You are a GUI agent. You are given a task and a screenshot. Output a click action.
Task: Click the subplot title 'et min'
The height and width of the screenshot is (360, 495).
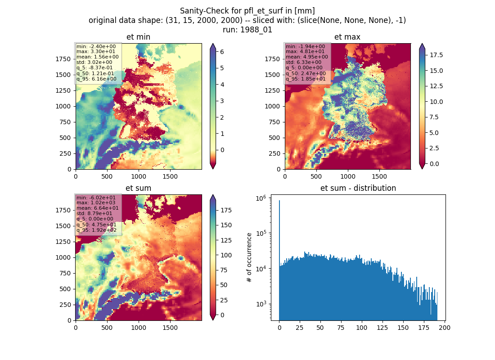138,37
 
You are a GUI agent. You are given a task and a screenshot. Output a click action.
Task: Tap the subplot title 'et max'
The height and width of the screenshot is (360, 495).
347,37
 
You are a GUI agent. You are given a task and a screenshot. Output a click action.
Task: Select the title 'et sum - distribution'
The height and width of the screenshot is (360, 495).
358,188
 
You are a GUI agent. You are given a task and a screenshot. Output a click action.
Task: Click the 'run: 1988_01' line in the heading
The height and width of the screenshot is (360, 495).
247,30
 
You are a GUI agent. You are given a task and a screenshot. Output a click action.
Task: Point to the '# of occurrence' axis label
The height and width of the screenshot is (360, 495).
249,257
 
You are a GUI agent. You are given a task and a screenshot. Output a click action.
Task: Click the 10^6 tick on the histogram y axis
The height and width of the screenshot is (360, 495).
261,198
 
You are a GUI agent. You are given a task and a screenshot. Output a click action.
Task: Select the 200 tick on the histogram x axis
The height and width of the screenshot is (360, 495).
445,328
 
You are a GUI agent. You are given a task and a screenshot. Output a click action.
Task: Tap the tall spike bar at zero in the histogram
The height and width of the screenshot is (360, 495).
279,260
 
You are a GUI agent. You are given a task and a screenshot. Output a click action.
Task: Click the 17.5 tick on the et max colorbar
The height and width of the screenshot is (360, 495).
436,55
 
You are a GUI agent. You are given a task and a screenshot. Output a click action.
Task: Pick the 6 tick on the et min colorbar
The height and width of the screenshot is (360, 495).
222,52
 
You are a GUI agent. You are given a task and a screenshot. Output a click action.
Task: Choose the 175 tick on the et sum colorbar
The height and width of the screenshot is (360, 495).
226,210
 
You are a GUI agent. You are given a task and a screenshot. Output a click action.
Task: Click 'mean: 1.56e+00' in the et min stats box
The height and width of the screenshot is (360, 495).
98,57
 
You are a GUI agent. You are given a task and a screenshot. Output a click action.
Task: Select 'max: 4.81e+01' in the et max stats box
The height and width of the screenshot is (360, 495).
305,51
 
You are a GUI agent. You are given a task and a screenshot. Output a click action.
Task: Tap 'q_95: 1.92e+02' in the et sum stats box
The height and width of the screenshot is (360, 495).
96,230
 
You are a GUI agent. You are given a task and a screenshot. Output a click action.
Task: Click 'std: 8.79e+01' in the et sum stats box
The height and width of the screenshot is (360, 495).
94,213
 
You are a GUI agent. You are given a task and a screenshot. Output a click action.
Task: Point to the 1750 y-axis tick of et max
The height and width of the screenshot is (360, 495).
272,59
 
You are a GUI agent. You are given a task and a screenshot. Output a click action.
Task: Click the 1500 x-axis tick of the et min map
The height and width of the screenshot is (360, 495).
170,176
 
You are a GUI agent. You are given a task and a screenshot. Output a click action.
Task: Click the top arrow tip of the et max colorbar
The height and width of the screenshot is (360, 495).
422,44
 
